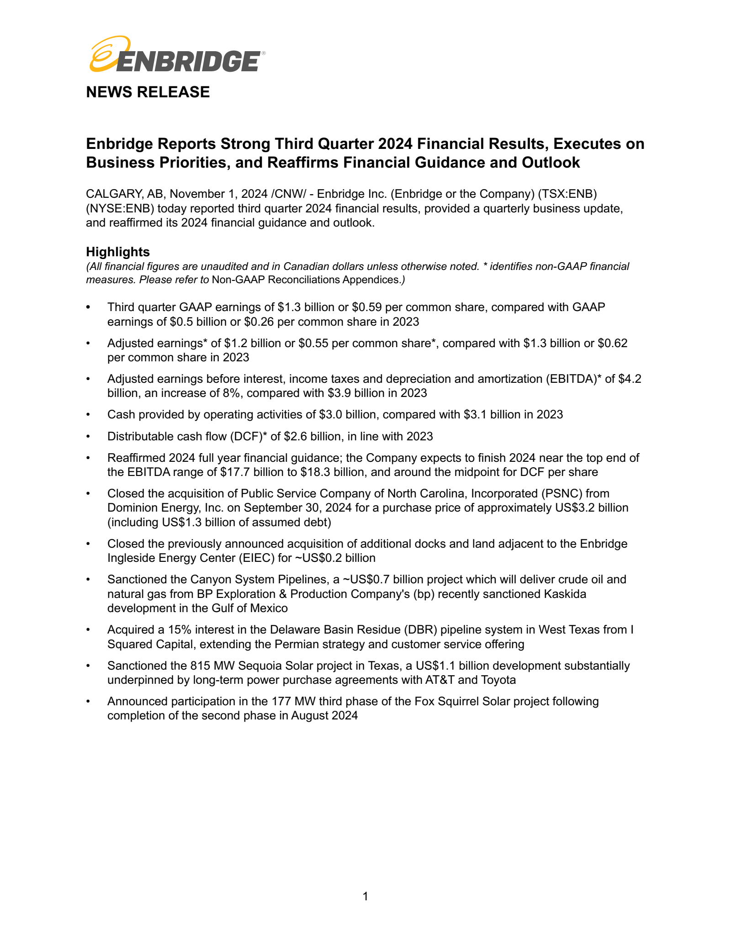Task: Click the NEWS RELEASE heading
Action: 148,92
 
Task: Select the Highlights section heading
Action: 118,252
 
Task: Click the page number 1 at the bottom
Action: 365,896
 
